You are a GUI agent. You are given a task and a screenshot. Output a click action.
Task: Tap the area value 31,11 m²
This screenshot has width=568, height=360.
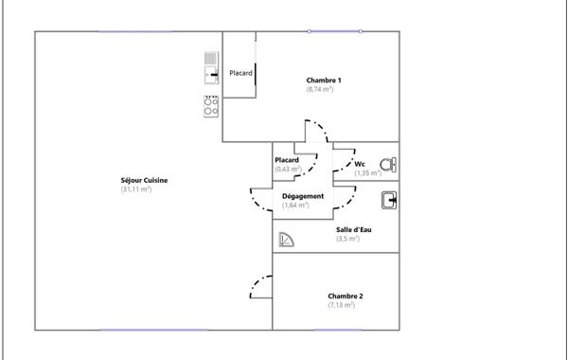point(136,189)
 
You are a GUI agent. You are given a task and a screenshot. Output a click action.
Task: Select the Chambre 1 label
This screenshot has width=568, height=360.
point(324,80)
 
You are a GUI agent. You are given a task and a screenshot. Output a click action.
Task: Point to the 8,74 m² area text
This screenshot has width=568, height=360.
point(319,89)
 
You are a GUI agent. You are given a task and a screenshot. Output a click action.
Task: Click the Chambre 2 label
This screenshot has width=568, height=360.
point(346,296)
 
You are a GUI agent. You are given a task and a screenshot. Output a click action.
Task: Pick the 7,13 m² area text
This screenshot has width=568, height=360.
point(342,305)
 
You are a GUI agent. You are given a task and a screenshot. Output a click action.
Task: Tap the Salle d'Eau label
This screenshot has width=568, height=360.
point(353,229)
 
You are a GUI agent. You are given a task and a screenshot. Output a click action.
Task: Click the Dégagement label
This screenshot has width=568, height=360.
point(303,196)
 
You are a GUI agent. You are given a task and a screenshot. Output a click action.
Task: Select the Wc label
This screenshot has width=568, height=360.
point(360,164)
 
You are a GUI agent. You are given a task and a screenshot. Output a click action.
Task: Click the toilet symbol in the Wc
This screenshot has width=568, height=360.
point(387,162)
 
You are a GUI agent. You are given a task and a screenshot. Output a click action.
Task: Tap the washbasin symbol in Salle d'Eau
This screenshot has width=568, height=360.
point(388,199)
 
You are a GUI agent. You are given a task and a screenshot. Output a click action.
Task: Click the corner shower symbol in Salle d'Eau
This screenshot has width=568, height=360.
point(288,241)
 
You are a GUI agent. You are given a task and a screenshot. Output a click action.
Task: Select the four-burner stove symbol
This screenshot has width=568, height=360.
point(210,105)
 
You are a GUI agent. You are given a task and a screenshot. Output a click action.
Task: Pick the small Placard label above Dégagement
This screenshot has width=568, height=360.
point(287,160)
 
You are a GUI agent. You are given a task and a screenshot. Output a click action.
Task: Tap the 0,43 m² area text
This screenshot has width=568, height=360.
point(287,169)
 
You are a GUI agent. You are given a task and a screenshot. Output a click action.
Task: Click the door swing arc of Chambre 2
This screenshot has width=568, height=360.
point(256,285)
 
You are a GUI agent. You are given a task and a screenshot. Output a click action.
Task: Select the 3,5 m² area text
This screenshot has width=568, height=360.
point(347,239)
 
